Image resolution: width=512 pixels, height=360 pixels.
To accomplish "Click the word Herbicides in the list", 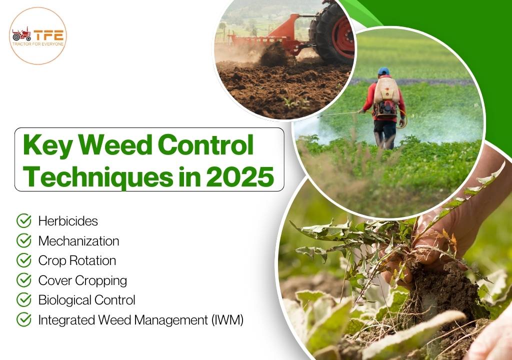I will (68, 220).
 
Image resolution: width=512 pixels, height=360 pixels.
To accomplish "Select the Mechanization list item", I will (78, 240).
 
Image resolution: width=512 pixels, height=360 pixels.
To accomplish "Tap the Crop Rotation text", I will (77, 260).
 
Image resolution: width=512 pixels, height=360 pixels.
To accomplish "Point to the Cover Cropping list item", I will (82, 280).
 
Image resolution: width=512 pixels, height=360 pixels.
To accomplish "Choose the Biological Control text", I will (86, 300).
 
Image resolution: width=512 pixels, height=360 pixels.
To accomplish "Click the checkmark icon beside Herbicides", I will (23, 220).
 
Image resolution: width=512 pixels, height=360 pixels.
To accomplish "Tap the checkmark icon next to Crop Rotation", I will (23, 260).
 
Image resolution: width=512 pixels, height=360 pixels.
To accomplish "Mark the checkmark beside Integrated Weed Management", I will (23, 320).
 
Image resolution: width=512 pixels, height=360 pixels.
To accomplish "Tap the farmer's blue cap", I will (383, 71).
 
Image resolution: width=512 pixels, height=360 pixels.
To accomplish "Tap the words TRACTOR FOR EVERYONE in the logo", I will (37, 43).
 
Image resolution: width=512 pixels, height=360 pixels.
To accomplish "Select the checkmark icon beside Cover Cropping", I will (23, 280).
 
